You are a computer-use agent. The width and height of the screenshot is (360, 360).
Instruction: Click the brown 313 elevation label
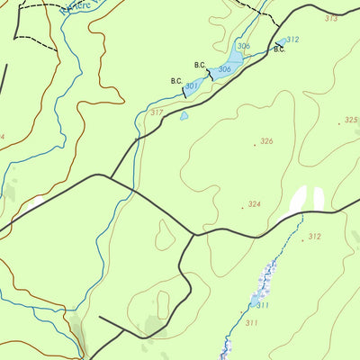coord(331,18)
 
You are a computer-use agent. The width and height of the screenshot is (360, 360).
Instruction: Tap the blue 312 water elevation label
coord(292,40)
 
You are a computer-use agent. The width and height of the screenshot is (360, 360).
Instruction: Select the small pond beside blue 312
coord(281,41)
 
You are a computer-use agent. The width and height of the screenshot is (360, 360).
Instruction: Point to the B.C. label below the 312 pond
coord(279,49)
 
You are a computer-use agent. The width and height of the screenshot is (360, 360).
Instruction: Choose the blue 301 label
coord(191,85)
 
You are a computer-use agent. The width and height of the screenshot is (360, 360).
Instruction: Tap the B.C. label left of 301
coord(176,81)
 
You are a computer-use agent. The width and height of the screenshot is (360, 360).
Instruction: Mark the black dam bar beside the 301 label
coord(184,89)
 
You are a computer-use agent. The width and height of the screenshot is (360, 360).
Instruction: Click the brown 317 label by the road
coord(157,112)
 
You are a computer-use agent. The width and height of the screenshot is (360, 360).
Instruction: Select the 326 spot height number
coord(265,141)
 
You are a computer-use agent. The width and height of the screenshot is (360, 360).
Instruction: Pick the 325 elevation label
coord(350,120)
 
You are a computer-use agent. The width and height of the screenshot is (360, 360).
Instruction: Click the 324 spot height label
coord(255,204)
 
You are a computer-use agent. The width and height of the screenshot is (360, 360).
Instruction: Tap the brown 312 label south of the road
coord(314,237)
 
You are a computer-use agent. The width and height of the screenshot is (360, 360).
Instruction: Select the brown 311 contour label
coord(251,322)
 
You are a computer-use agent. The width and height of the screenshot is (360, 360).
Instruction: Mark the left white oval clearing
coord(298,200)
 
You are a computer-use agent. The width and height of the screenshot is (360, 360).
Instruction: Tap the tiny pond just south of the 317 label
coord(184,115)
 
